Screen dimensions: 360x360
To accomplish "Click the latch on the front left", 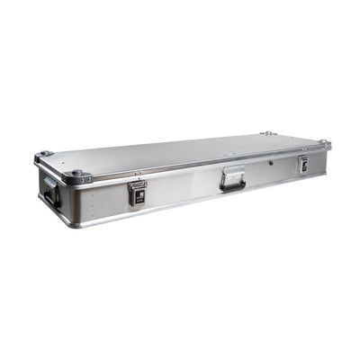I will pos(138,192).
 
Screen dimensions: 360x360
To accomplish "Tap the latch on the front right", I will pos(302,164).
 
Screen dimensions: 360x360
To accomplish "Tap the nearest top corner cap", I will pos(76,173).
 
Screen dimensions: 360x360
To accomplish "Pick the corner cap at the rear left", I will pos(42,155).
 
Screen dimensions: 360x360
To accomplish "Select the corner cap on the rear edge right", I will pos(267,134).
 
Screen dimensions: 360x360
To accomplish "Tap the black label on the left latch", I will pos(138,189).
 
